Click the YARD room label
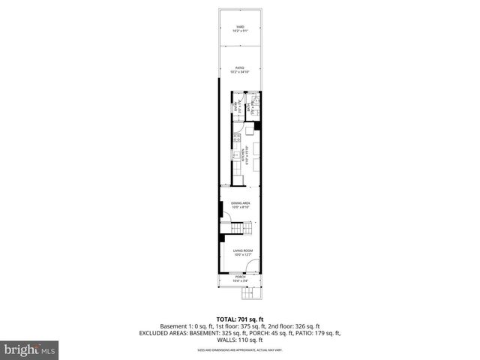pos(240,27)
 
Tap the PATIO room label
pos(240,67)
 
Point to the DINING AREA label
pos(240,203)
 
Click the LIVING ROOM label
pos(240,250)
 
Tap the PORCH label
pos(240,277)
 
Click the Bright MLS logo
pos(30,349)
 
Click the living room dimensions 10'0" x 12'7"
pos(240,256)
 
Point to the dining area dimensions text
pos(240,208)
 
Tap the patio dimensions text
pos(240,72)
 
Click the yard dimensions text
pos(240,31)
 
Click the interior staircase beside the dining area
pos(238,227)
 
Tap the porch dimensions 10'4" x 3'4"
pos(240,281)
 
